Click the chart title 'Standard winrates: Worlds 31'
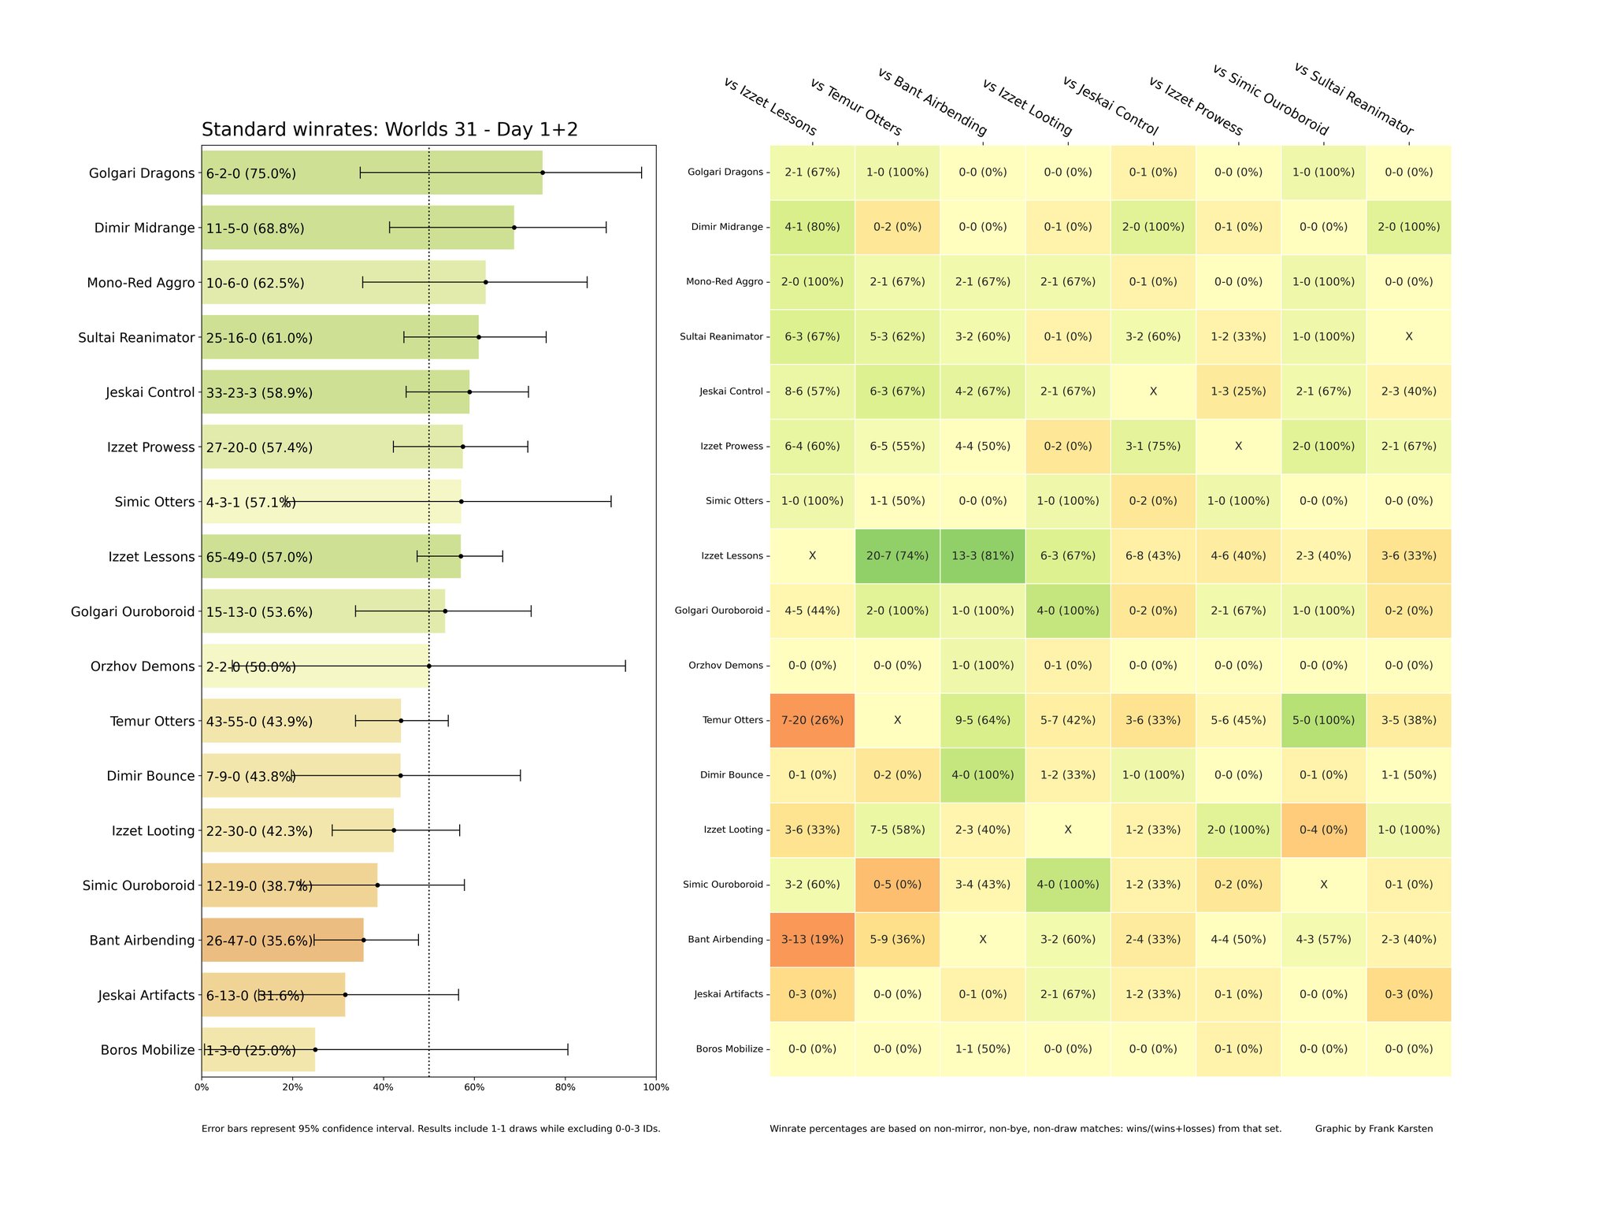pos(389,130)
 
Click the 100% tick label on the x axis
pos(655,1088)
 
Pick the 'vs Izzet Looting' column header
pos(1027,107)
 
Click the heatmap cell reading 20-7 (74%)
pos(898,556)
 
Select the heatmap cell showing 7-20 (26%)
pos(812,720)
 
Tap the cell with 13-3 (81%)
pos(983,556)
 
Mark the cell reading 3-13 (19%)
pos(812,940)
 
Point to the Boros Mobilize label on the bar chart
pos(147,1050)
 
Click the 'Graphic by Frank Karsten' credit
pos(1374,1129)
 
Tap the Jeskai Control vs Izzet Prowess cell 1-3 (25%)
pos(1238,392)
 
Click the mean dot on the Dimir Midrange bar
pos(514,228)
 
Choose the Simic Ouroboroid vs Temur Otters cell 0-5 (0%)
pos(898,885)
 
